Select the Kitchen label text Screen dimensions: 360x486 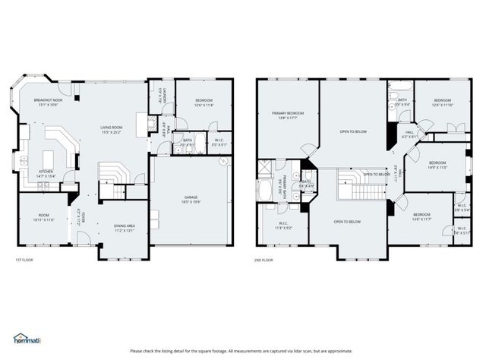pyautogui.click(x=46, y=173)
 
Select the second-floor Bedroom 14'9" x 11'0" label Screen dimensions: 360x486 pyautogui.click(x=437, y=165)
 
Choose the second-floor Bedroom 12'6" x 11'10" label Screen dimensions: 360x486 pyautogui.click(x=442, y=103)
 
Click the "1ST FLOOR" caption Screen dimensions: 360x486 pyautogui.click(x=24, y=260)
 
